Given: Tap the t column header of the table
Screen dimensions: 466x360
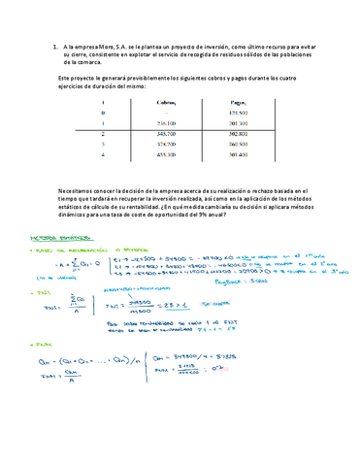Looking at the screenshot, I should coord(102,101).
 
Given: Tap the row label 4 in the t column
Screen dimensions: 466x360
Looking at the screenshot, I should coord(102,154).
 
